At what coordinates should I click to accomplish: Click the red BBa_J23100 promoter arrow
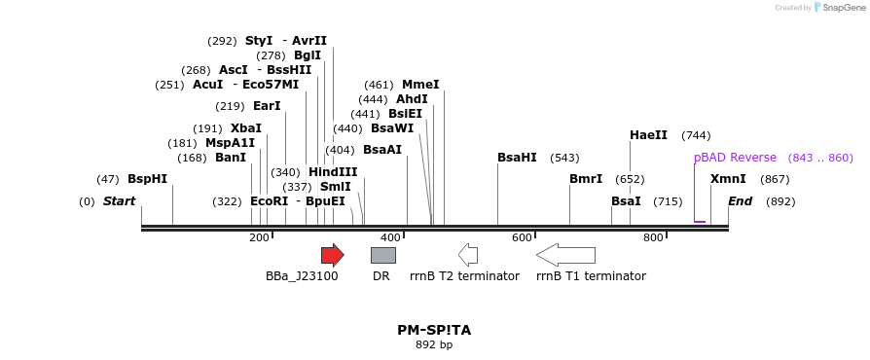pos(332,255)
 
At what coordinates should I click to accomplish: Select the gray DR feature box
pos(382,255)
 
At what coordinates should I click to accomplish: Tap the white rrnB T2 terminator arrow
pos(468,255)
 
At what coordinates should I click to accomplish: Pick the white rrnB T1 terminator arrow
pos(565,255)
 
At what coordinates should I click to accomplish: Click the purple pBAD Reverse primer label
pos(735,158)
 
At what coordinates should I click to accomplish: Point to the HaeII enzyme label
pos(648,135)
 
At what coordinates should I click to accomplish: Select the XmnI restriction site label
pos(728,179)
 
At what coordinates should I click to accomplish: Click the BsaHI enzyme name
pos(517,158)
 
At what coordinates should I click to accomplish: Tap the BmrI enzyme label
pos(586,179)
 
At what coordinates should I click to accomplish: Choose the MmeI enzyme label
pos(420,85)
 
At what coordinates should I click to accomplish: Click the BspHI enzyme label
pos(147,179)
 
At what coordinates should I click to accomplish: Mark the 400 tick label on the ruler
pos(390,237)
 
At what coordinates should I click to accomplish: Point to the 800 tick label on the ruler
pos(653,237)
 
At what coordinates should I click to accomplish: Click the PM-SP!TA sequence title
pos(434,330)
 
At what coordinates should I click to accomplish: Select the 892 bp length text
pos(434,344)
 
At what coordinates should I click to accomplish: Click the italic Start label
pos(119,201)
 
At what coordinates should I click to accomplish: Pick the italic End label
pos(741,201)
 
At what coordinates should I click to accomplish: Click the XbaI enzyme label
pos(246,128)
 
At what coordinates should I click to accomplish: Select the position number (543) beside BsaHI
pos(564,158)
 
